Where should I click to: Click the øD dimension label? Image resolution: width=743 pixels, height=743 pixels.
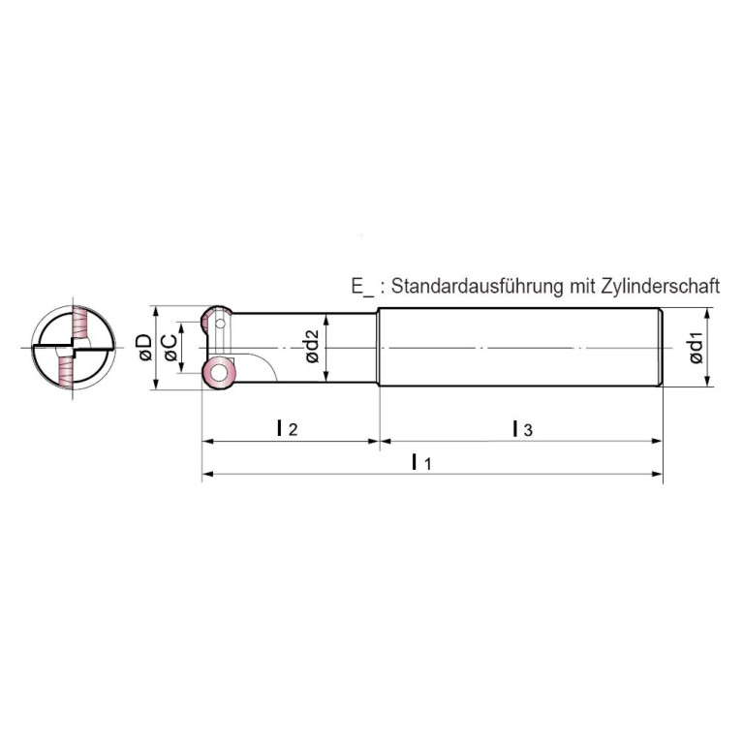coord(145,348)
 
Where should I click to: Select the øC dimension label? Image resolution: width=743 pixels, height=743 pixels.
coord(170,348)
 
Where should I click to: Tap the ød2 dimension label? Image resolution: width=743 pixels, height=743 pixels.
coord(313,347)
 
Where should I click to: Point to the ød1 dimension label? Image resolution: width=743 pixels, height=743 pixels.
coord(697,349)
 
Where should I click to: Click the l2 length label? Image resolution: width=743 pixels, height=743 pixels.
coord(287,428)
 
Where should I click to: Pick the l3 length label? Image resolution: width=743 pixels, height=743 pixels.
coord(523,428)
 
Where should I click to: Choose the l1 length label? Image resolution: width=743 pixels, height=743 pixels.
coord(421,461)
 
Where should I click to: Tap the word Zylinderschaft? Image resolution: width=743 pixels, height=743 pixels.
coord(661,286)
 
